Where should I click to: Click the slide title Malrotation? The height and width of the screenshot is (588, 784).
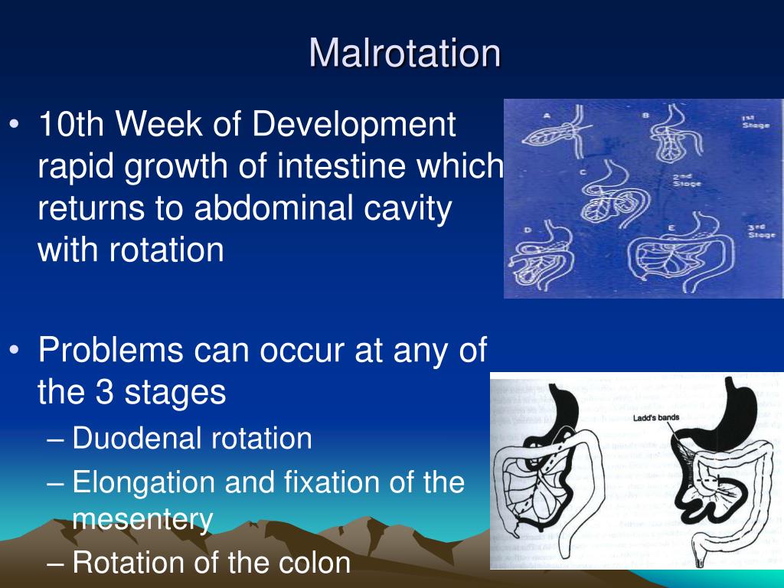pos(405,53)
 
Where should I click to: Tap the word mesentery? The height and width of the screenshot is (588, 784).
pos(142,519)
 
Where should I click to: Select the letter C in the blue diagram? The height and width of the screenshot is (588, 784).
pos(583,173)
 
